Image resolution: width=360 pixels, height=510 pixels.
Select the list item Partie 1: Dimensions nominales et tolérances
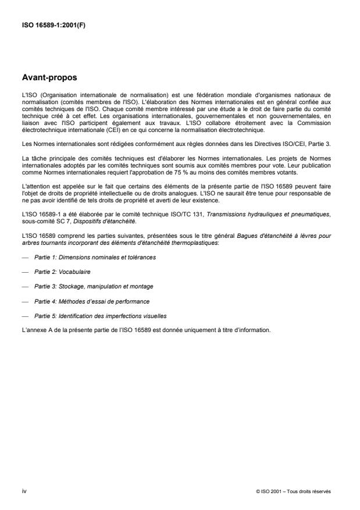point(90,257)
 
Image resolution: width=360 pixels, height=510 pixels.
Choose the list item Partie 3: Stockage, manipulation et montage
point(86,287)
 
